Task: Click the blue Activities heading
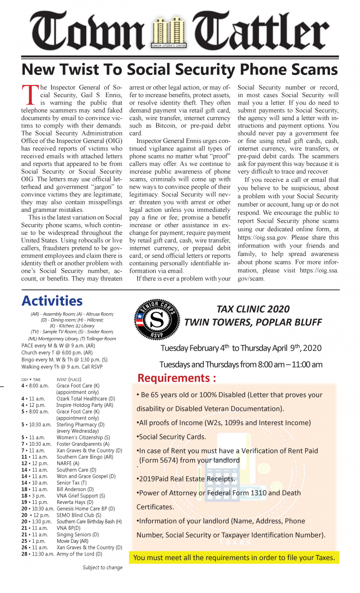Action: pyautogui.click(x=52, y=300)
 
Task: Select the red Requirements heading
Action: pyautogui.click(x=177, y=378)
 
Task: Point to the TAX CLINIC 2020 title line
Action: pyautogui.click(x=253, y=309)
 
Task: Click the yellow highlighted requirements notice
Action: pyautogui.click(x=234, y=557)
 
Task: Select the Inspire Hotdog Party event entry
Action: pyautogui.click(x=85, y=405)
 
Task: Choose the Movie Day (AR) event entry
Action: pyautogui.click(x=72, y=541)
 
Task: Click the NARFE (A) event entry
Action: pyautogui.click(x=68, y=463)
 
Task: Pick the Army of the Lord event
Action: pyautogui.click(x=79, y=554)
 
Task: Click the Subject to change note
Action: pyautogui.click(x=103, y=568)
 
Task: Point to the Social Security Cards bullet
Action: pyautogui.click(x=171, y=436)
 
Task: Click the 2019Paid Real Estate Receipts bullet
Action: pyautogui.click(x=186, y=479)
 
